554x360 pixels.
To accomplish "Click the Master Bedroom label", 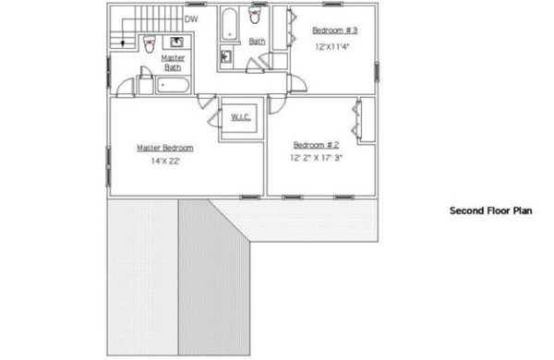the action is [x=165, y=148].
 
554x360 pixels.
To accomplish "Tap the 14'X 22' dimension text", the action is [x=165, y=162].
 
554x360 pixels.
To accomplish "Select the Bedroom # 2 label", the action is [x=316, y=145].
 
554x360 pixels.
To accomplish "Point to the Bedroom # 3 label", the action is [x=334, y=30].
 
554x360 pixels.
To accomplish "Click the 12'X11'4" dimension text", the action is [x=332, y=47].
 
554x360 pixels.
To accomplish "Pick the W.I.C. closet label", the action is [x=241, y=117].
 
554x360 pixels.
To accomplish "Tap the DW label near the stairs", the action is [x=191, y=19].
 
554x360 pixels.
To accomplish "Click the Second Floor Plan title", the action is [x=491, y=210].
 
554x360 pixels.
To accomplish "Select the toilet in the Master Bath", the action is [x=150, y=43].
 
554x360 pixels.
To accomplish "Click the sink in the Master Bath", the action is [x=176, y=42].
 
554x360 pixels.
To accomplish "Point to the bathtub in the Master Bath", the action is [x=173, y=86].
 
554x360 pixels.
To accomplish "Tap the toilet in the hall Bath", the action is [x=255, y=15].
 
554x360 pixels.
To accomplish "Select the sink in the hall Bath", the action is [x=226, y=56].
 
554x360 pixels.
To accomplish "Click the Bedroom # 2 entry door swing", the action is [x=277, y=104].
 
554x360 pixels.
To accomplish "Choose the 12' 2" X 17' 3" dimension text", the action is [x=316, y=158].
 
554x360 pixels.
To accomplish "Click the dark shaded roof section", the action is [x=214, y=277].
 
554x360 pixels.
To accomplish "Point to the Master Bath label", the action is [x=173, y=63].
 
